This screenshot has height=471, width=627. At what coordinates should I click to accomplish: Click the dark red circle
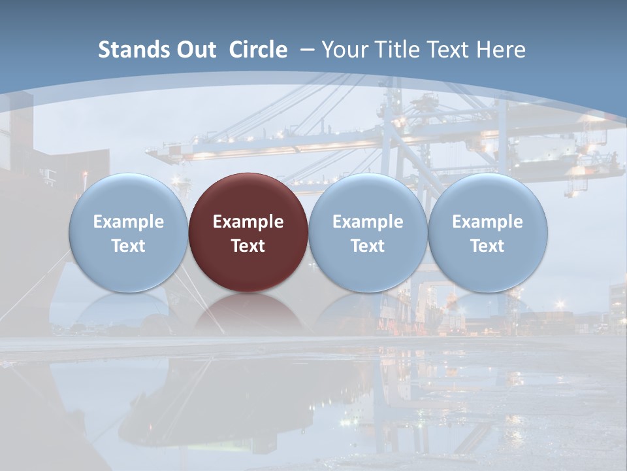[248, 232]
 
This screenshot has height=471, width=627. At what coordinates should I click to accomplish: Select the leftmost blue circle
[128, 232]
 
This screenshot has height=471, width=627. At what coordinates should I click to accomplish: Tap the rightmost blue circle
[488, 232]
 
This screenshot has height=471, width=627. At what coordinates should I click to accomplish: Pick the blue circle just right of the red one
[368, 232]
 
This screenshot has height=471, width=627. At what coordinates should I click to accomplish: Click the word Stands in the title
[133, 50]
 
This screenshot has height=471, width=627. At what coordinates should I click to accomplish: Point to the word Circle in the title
[258, 50]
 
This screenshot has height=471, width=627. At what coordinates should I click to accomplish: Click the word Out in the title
[195, 50]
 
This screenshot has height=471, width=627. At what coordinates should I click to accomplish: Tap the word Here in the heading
[501, 50]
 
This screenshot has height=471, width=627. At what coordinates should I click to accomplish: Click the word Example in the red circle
[248, 222]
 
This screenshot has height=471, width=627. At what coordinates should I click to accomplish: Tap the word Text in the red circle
[248, 246]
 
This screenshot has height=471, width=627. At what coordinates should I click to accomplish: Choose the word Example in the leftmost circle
[128, 222]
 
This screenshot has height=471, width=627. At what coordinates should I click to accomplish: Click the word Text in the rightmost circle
[488, 246]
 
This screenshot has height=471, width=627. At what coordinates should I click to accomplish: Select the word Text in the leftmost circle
[128, 246]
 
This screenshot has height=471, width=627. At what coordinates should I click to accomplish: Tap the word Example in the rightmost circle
[488, 222]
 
